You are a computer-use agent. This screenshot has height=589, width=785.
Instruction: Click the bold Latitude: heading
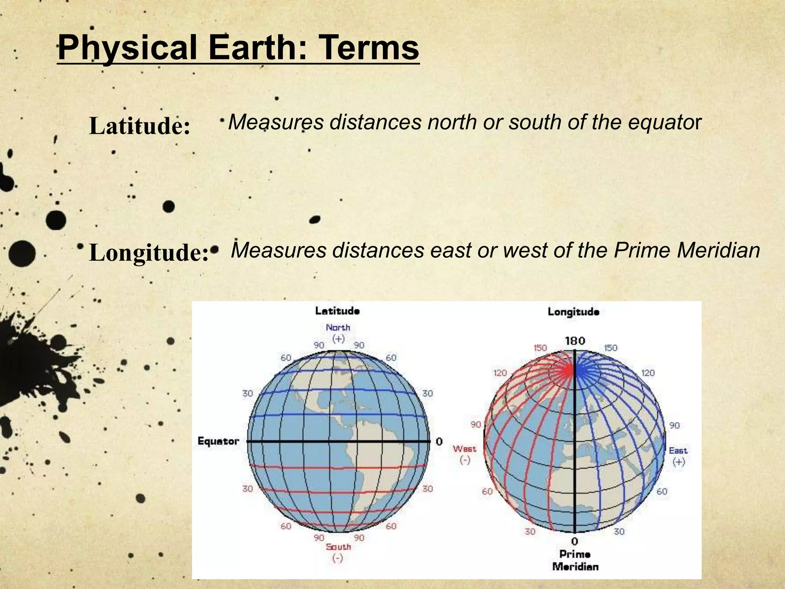pos(140,126)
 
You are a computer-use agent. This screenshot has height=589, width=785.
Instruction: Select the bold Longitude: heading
pos(149,253)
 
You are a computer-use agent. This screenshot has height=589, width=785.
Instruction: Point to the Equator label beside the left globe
pos(218,441)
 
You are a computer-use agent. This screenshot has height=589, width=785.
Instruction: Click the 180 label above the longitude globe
pos(575,341)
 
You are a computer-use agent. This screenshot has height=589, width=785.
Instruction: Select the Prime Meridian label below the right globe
pos(575,560)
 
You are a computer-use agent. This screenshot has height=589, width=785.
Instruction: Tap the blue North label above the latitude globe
pos(338,327)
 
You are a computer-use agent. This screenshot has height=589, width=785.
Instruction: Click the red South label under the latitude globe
pos(338,547)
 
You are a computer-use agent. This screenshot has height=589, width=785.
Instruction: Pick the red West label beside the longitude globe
pos(464,449)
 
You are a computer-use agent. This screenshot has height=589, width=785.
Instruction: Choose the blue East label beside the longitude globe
pos(678,451)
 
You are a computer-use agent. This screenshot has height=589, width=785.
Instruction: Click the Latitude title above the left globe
pos(337,311)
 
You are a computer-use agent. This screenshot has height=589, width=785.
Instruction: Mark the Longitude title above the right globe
pos(573,311)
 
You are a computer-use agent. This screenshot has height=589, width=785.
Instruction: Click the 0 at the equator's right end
pos(439,442)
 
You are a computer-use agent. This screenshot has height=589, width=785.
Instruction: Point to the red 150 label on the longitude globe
pos(540,348)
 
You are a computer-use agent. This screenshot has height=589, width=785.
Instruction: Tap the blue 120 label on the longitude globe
pos(648,373)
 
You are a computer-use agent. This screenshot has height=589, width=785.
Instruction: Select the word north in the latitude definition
pos(452,122)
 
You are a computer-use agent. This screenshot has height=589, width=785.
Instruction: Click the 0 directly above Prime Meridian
pos(575,541)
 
